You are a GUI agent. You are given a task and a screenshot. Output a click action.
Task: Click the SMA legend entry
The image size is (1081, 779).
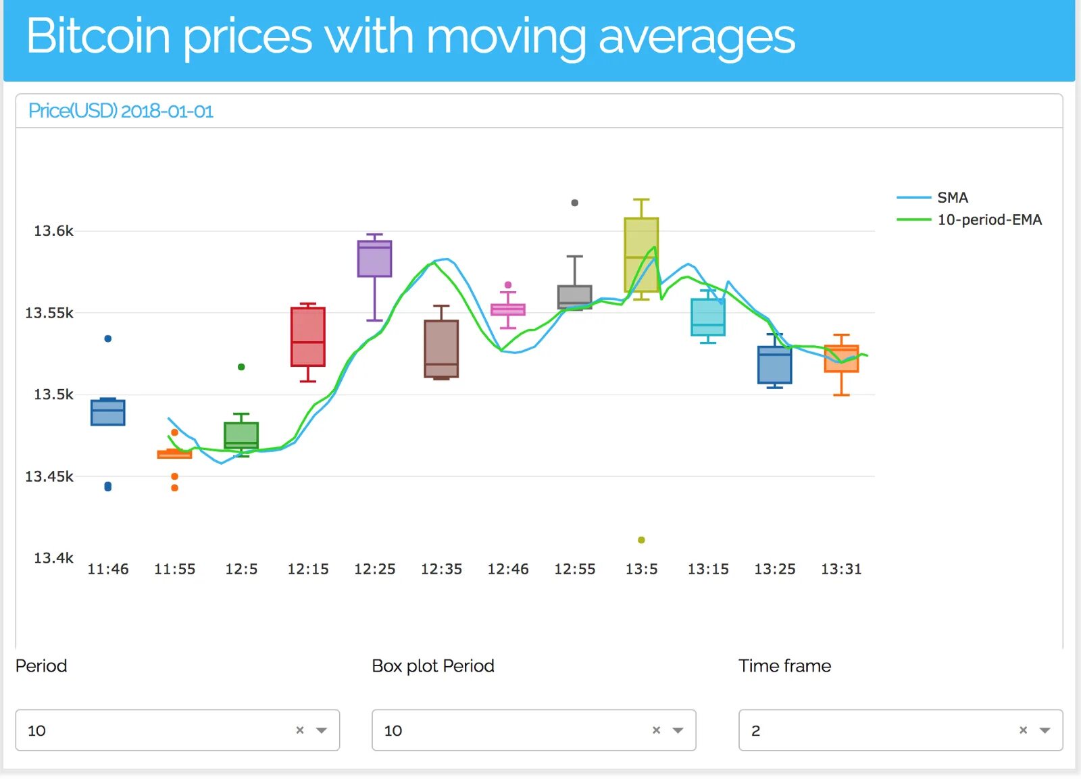[x=952, y=197]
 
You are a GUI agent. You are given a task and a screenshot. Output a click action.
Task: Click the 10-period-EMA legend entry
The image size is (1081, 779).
[x=989, y=220]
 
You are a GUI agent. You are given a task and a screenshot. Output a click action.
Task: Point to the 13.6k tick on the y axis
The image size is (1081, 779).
[x=53, y=231]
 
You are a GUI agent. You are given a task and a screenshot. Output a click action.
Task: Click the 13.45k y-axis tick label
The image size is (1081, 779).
[x=49, y=476]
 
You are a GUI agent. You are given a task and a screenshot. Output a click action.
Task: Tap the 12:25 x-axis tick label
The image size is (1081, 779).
[x=374, y=569]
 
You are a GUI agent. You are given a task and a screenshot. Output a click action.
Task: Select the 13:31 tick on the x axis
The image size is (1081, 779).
[x=841, y=569]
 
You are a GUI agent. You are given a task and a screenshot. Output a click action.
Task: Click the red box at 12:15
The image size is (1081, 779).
[x=308, y=336]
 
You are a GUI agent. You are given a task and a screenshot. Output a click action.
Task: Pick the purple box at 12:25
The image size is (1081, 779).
[x=374, y=259]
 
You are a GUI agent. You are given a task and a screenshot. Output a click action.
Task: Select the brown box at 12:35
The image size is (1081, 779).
[x=441, y=348]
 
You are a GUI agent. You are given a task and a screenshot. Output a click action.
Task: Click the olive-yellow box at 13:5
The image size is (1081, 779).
[x=641, y=255]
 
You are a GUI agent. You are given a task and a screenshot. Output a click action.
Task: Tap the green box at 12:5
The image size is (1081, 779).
[x=241, y=435]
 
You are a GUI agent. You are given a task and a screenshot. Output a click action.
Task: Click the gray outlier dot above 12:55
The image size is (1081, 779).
[x=575, y=203]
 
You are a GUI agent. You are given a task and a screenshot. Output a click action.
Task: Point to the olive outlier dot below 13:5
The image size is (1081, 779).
[x=641, y=540]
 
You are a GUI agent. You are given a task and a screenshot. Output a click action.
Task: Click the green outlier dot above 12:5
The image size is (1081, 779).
[x=241, y=367]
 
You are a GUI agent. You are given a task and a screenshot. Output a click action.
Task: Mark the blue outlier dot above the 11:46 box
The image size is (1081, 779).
[x=108, y=338]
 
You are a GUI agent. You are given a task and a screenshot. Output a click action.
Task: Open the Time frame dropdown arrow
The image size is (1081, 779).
[x=1045, y=730]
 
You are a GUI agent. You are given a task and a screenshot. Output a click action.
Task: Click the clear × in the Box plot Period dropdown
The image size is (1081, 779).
[x=656, y=730]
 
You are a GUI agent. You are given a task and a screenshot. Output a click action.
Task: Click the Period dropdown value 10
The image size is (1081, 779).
[x=37, y=730]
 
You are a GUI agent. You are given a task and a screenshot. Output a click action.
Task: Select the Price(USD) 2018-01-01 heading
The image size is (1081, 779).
[x=120, y=111]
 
